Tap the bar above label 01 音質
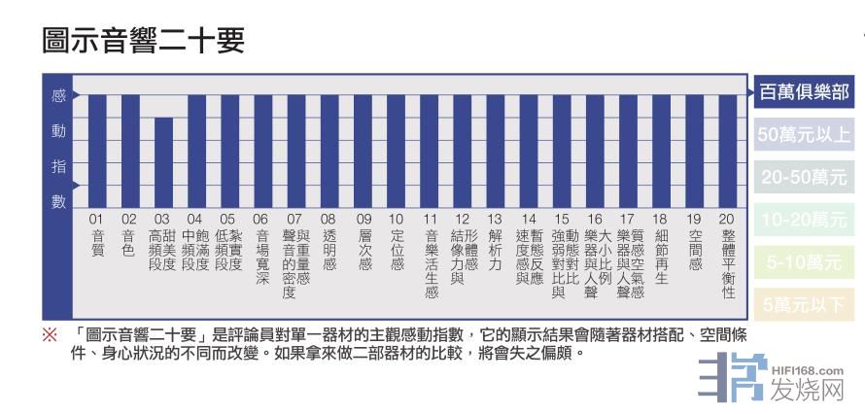tap(97, 151)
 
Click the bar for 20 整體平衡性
tap(728, 151)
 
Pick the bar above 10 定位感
tap(397, 151)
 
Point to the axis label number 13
tap(495, 220)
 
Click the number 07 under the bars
tap(294, 220)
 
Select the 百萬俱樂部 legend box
tap(805, 93)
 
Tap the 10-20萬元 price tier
tap(805, 221)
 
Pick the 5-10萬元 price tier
tap(805, 263)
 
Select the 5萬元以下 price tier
tap(805, 305)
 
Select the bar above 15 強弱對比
tap(561, 151)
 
